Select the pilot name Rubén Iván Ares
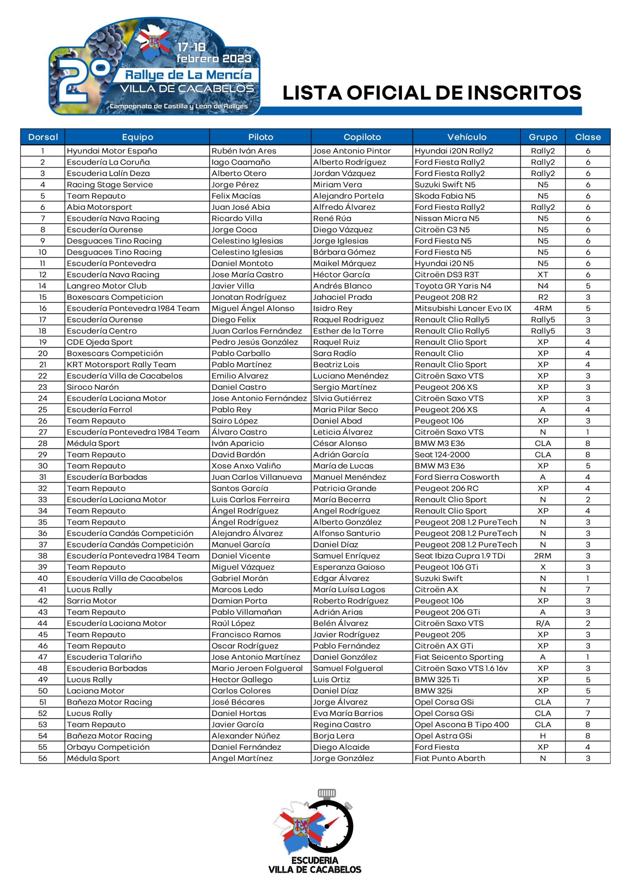(244, 151)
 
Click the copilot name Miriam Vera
(337, 185)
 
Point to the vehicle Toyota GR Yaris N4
(452, 286)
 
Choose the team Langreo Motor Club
(107, 286)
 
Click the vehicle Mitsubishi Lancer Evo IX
(463, 308)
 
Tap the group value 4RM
(543, 308)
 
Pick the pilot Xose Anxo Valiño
(246, 466)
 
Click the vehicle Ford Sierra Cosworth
(457, 477)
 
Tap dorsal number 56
(43, 758)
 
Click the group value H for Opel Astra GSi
(543, 736)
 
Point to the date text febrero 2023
(214, 59)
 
